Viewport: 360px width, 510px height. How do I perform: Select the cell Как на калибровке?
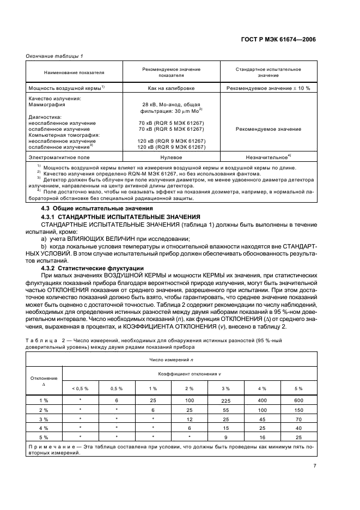pos(172,88)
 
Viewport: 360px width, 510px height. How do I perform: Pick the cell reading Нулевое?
pos(172,156)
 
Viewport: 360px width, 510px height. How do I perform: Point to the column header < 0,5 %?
pos(80,388)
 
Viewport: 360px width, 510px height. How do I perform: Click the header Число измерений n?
pos(171,361)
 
